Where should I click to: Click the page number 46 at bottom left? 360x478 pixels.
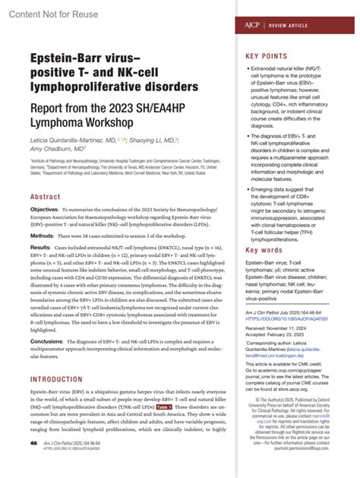33,463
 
